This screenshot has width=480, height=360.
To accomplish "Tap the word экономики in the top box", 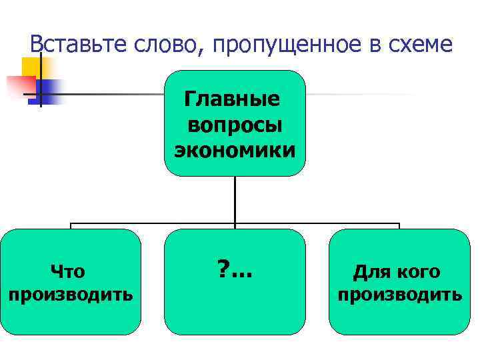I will [x=235, y=149].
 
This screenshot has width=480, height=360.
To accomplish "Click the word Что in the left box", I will [x=68, y=271].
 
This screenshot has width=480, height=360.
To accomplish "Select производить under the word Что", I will [x=71, y=294].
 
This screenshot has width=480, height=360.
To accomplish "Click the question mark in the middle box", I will [x=222, y=269].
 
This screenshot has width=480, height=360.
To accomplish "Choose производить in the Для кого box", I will [x=399, y=294].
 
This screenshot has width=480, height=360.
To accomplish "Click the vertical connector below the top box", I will [x=235, y=200].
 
